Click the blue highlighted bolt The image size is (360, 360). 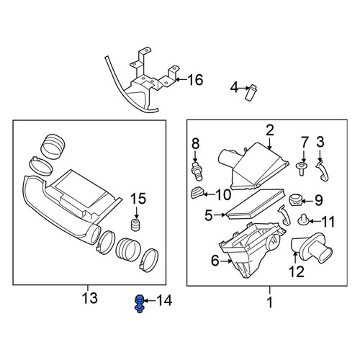(139, 304)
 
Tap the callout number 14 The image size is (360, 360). (164, 300)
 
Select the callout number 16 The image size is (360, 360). (195, 80)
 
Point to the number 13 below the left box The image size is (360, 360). (90, 298)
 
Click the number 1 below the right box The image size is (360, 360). (270, 302)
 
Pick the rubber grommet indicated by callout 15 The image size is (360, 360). (136, 225)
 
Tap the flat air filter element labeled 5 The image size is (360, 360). (256, 204)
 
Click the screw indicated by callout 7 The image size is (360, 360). (302, 168)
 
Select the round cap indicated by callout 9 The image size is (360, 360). (295, 200)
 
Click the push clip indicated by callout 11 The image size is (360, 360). (303, 220)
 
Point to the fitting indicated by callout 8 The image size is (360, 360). (197, 171)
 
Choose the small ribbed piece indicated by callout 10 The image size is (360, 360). (197, 193)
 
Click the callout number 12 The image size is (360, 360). (297, 271)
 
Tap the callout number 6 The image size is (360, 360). (215, 261)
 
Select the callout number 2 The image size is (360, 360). (270, 130)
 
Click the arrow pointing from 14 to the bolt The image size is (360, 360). (150, 300)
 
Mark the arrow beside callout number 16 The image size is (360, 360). (181, 79)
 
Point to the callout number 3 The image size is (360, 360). (320, 142)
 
